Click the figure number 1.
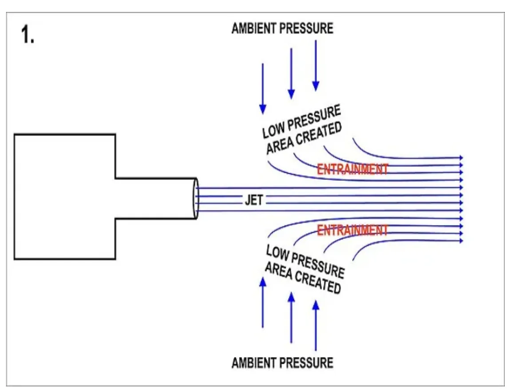[28, 35]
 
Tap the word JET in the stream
[254, 200]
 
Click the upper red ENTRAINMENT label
[353, 169]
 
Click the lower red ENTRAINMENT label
[353, 230]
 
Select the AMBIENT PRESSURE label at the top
[282, 28]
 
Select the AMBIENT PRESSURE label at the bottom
[282, 363]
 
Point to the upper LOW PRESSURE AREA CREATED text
[302, 129]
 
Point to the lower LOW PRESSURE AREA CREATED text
[304, 268]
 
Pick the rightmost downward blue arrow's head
[316, 86]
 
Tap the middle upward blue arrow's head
[291, 297]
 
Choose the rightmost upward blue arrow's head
[316, 305]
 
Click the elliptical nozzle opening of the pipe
[195, 198]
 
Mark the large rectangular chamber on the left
[65, 196]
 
